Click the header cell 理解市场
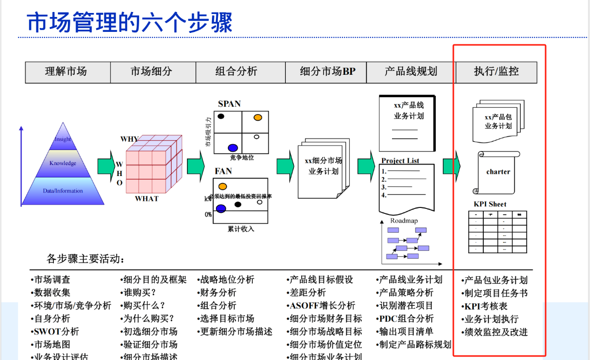[66, 72]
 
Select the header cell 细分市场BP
[328, 72]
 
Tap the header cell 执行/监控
[496, 72]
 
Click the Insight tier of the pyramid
[63, 139]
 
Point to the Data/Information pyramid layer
[63, 190]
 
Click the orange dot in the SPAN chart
[257, 117]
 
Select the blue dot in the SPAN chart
[232, 148]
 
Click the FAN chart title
[223, 171]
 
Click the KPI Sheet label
[490, 204]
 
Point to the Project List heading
[400, 161]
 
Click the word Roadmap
[404, 220]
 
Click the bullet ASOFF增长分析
[322, 306]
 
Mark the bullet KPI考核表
[485, 306]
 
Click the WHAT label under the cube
[147, 198]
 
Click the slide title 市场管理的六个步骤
[129, 22]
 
